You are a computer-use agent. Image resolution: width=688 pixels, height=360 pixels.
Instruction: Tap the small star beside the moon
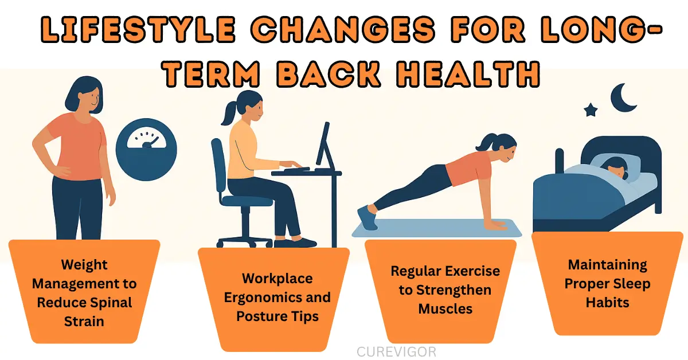point(591,109)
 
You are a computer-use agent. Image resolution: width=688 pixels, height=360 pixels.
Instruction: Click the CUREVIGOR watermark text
point(396,351)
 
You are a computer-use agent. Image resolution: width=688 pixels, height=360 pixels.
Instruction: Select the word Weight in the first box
point(84,265)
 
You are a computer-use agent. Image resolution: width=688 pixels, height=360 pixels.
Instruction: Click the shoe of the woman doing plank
point(366,218)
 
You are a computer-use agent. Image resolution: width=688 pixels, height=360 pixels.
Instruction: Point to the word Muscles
point(445,308)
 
